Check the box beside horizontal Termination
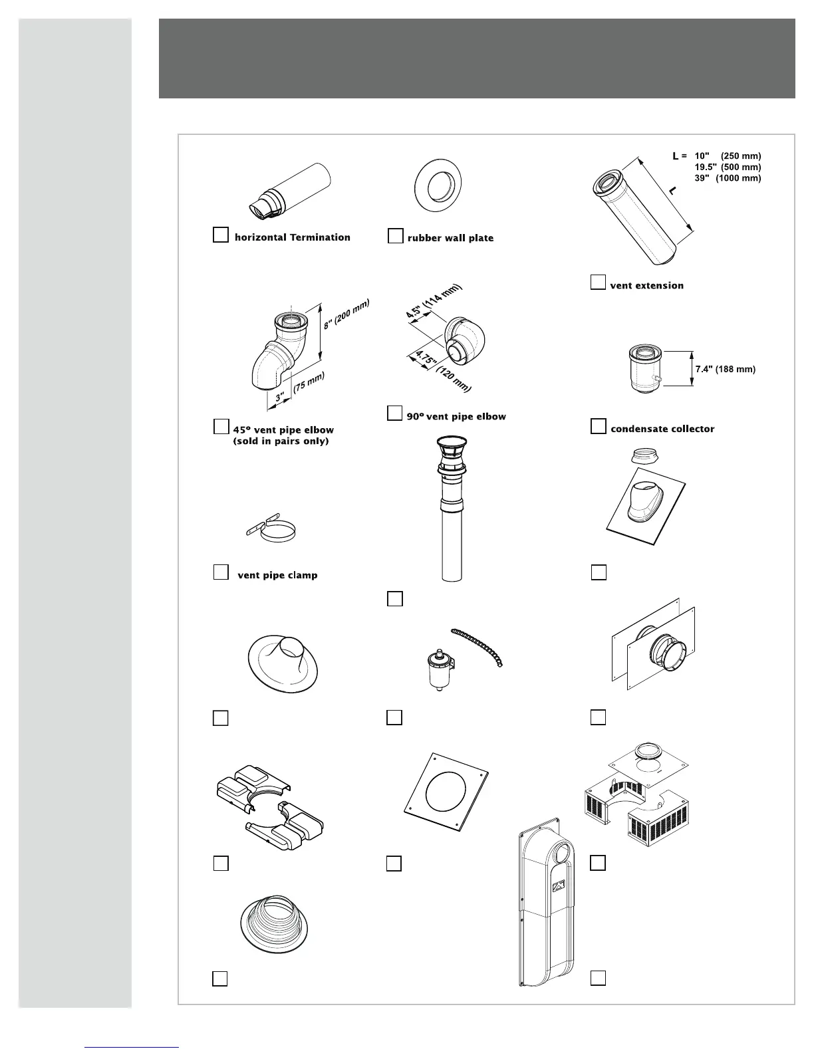[220, 235]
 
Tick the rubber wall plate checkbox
[395, 236]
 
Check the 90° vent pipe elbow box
[394, 413]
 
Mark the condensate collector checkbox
[599, 426]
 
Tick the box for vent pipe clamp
[221, 572]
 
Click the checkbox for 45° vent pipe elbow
[221, 427]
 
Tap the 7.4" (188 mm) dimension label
[725, 369]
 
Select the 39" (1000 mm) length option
[728, 178]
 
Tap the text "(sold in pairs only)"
[281, 441]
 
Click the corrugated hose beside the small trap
[479, 645]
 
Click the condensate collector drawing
[643, 370]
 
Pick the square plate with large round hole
[446, 791]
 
